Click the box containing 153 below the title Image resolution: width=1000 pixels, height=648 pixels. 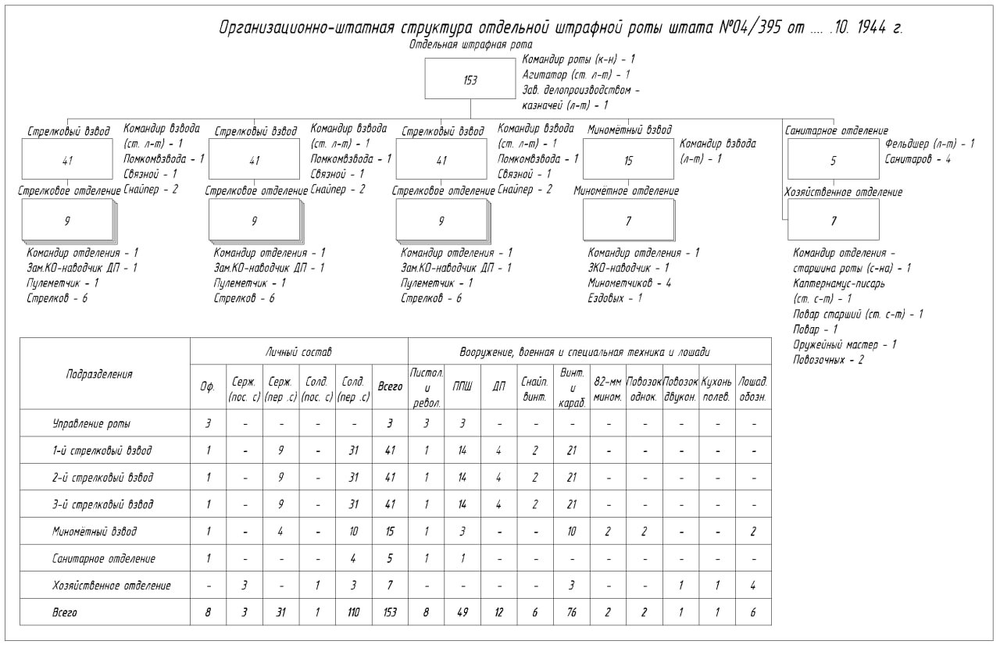click(470, 80)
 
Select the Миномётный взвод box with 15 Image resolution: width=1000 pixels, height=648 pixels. click(628, 160)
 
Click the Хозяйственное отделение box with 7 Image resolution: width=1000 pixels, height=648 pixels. click(833, 220)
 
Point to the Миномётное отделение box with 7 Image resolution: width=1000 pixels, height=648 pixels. click(628, 221)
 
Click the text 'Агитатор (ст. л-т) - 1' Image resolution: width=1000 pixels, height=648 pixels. click(577, 75)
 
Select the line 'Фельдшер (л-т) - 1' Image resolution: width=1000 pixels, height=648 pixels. click(930, 144)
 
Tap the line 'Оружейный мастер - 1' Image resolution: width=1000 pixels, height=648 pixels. click(845, 344)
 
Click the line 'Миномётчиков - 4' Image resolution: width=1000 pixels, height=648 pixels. click(630, 283)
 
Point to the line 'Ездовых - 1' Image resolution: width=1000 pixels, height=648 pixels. click(616, 297)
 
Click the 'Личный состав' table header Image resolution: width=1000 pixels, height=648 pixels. click(299, 353)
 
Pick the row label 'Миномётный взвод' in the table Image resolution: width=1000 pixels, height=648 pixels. click(95, 532)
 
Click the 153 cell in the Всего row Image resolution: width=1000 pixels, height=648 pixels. click(390, 613)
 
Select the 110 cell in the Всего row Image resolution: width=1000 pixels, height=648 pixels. click(354, 613)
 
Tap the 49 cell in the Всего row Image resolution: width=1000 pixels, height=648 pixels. click(462, 613)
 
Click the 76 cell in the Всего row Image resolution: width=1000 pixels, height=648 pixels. click(572, 613)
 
